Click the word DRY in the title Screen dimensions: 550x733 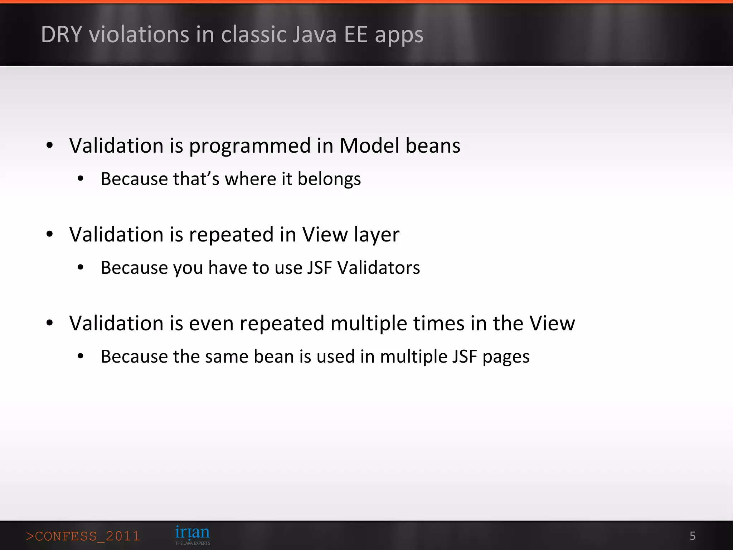coord(62,35)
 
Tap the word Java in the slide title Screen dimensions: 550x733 coord(314,35)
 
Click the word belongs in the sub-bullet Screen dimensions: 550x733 coord(329,179)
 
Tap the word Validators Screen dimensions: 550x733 coord(379,268)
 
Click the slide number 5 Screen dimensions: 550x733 coord(692,536)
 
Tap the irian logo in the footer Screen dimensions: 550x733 coord(192,532)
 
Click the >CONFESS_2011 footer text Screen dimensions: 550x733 coord(83,536)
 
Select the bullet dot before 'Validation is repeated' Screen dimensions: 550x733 coord(50,234)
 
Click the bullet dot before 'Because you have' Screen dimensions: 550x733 coord(81,267)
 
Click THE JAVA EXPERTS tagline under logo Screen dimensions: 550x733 coord(192,543)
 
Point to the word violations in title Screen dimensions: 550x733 coord(139,35)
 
